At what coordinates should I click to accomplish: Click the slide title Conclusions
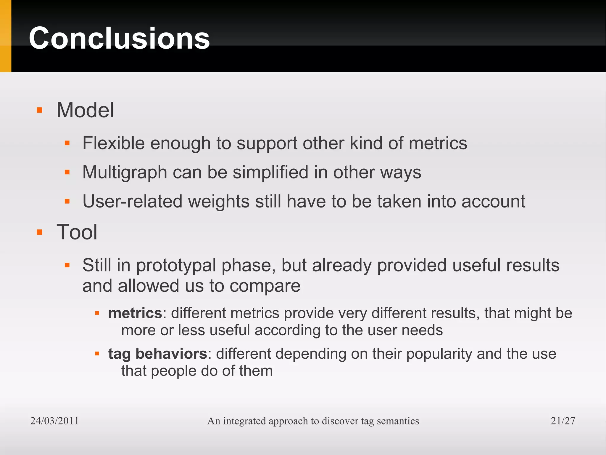[x=119, y=38]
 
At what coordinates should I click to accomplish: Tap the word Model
[x=85, y=110]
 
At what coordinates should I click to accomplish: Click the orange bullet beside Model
[x=39, y=110]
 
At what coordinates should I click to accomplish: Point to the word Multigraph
[x=125, y=173]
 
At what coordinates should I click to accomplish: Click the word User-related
[x=132, y=202]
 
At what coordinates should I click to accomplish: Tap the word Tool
[x=77, y=232]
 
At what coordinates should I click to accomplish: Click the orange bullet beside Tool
[x=39, y=232]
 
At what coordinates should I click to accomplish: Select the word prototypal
[x=176, y=265]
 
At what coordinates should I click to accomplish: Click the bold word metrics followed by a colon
[x=135, y=313]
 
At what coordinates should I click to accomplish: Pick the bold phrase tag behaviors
[x=157, y=354]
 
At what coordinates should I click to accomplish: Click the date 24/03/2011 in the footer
[x=54, y=421]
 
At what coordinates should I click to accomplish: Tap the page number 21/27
[x=563, y=421]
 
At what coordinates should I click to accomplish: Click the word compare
[x=265, y=286]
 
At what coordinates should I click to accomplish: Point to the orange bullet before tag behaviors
[x=97, y=354]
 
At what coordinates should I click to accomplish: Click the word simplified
[x=270, y=173]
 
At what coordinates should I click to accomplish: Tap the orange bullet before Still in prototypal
[x=67, y=265]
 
